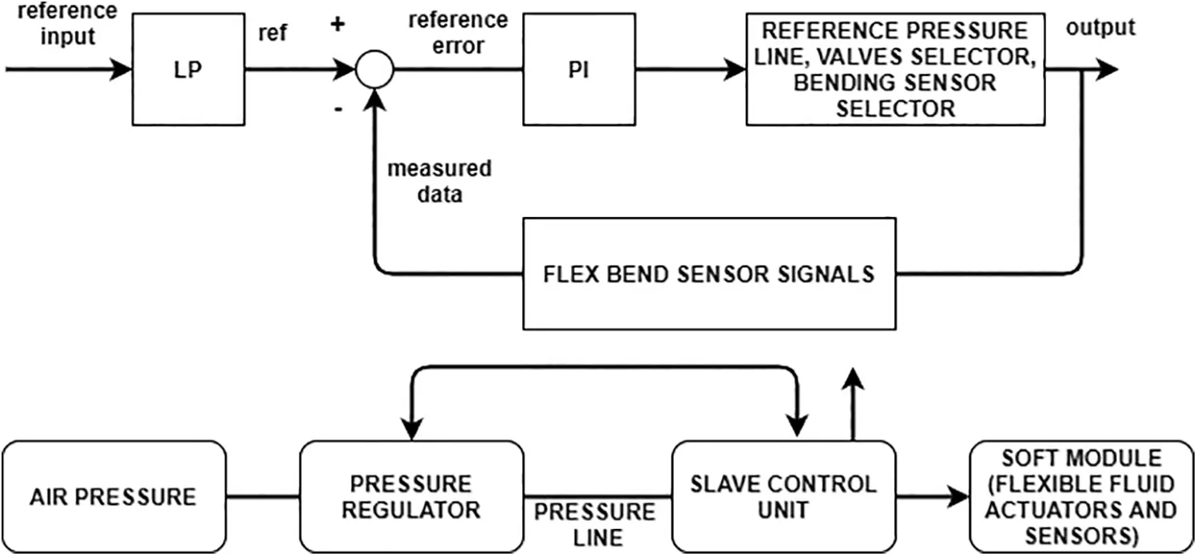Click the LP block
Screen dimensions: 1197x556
coord(188,69)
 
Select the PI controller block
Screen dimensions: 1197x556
coord(579,69)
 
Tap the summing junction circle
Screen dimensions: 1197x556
coord(375,69)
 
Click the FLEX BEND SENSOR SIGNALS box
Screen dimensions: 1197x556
coord(709,274)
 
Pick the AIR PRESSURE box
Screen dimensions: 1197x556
coord(114,497)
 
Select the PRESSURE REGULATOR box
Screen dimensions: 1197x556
coord(411,497)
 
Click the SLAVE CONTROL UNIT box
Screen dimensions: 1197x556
coord(783,497)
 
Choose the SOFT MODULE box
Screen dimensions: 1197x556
coord(1081,497)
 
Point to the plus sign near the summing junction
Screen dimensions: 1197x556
coord(338,24)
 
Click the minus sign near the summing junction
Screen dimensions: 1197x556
coord(339,109)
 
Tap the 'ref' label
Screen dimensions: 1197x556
coord(272,33)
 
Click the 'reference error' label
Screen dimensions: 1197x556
coord(458,33)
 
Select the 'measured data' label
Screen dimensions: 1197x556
coord(439,181)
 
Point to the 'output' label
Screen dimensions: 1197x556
coord(1100,27)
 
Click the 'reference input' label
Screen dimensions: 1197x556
coord(68,24)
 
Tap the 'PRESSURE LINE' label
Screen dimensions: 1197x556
coord(595,525)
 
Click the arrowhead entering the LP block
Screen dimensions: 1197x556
coord(121,69)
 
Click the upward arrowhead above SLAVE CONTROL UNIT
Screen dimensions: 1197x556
coord(853,378)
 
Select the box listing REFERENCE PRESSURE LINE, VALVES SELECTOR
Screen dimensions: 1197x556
coord(896,69)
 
